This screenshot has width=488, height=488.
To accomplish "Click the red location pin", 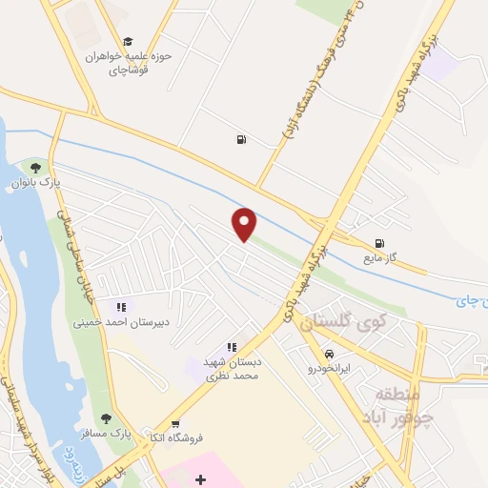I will [245, 223].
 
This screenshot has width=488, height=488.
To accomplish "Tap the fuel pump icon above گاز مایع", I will [381, 243].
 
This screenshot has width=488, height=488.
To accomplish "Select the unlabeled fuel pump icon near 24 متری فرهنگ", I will [240, 141].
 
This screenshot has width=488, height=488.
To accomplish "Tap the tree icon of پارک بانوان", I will [35, 170].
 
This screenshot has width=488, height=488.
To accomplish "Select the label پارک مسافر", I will [112, 434].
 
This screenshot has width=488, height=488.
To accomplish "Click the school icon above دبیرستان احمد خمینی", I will [121, 307].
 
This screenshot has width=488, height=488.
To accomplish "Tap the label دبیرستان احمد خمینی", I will [121, 322].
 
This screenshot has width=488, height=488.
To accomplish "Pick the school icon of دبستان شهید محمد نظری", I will [231, 348].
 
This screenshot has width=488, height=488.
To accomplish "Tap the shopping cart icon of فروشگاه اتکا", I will [174, 423].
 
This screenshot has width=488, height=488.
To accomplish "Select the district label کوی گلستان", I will [340, 325].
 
